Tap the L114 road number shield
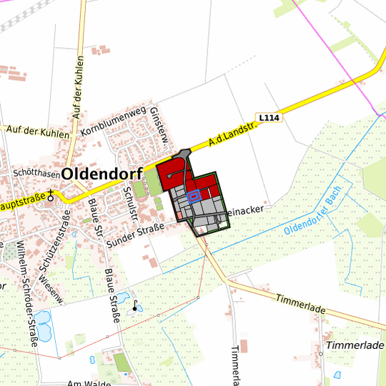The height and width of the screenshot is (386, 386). (x=269, y=117)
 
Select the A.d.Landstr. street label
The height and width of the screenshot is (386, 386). (x=232, y=132)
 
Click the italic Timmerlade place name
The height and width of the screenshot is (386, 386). (x=355, y=345)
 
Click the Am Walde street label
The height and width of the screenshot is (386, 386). (x=88, y=383)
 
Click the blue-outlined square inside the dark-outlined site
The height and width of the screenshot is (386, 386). (x=193, y=197)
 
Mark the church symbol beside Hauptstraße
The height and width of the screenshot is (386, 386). (x=51, y=194)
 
